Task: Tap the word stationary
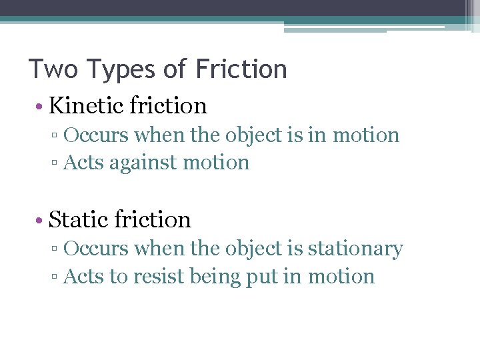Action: pos(355,249)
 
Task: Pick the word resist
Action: pos(159,277)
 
